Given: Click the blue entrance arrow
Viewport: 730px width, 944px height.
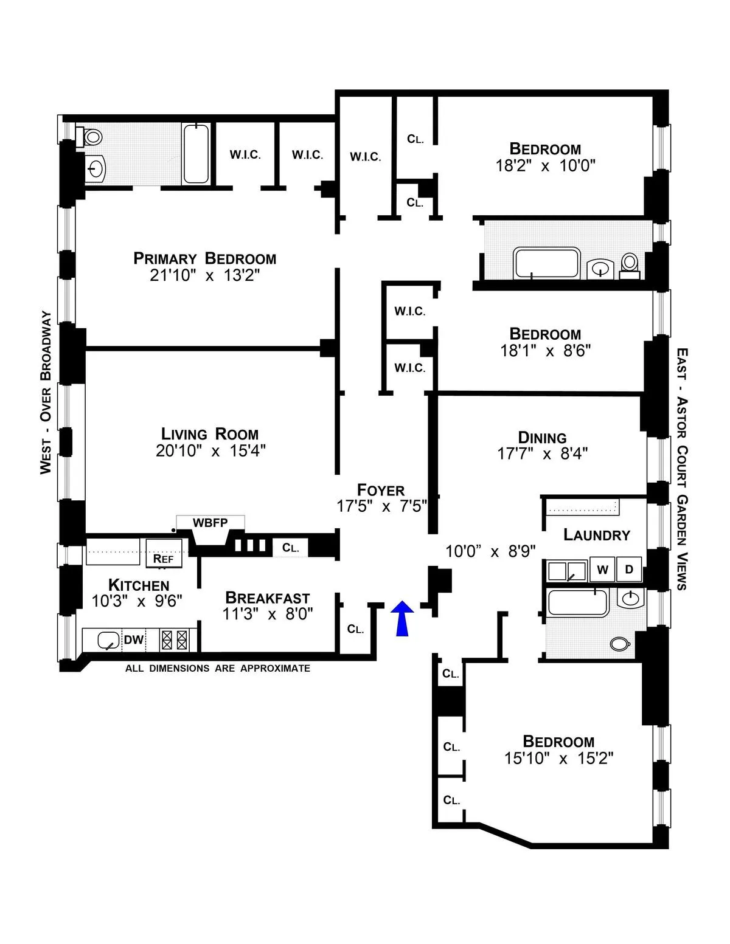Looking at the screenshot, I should point(401,618).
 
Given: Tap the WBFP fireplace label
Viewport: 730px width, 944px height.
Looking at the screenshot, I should point(210,523).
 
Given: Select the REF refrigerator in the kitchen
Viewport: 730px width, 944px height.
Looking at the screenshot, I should point(164,558).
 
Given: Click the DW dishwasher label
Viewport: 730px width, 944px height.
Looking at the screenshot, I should point(134,639).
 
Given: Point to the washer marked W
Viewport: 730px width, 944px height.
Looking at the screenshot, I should point(602,570).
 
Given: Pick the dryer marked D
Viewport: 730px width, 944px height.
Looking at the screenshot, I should point(629,570).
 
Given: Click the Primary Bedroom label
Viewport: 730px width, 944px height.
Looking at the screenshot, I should point(204,258).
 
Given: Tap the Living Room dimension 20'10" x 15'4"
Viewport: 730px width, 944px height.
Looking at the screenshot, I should point(210,451).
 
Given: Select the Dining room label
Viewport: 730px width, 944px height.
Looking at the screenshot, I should point(542,438).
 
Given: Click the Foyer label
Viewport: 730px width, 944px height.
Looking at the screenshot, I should point(381,490).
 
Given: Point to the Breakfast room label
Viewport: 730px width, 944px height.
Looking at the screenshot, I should point(267,598).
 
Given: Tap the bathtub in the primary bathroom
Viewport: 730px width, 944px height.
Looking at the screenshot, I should point(196,154).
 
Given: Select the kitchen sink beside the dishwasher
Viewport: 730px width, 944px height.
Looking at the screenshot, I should point(108,640).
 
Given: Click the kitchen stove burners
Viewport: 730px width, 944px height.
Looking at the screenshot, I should point(175,639).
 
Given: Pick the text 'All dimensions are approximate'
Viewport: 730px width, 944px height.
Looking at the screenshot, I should point(218,669).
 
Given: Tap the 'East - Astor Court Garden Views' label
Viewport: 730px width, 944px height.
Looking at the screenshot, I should point(682,468).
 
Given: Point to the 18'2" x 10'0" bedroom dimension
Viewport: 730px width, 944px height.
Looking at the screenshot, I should point(545,165).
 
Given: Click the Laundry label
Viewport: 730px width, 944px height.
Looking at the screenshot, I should point(596,534).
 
